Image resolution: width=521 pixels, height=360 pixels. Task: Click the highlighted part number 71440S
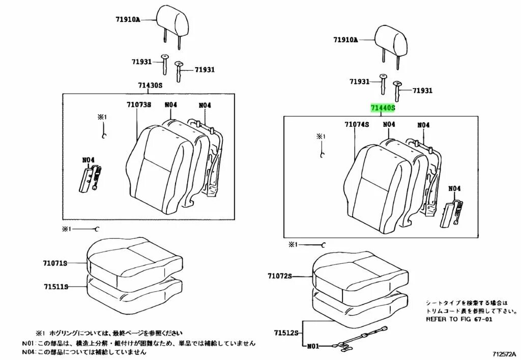point(383,108)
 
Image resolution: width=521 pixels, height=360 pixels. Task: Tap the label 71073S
point(139,105)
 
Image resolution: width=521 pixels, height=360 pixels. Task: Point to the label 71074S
point(356,124)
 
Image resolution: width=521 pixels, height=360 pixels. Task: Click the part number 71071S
point(55,263)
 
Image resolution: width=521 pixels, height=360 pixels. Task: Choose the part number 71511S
point(55,287)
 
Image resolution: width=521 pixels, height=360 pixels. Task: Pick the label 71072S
point(280,276)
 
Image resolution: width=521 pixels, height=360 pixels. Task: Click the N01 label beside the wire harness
point(313,346)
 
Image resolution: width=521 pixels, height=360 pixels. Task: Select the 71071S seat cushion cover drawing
point(134,258)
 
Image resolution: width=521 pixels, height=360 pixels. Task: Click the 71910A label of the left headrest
point(127,20)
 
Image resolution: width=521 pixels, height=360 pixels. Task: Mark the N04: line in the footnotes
point(84,351)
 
